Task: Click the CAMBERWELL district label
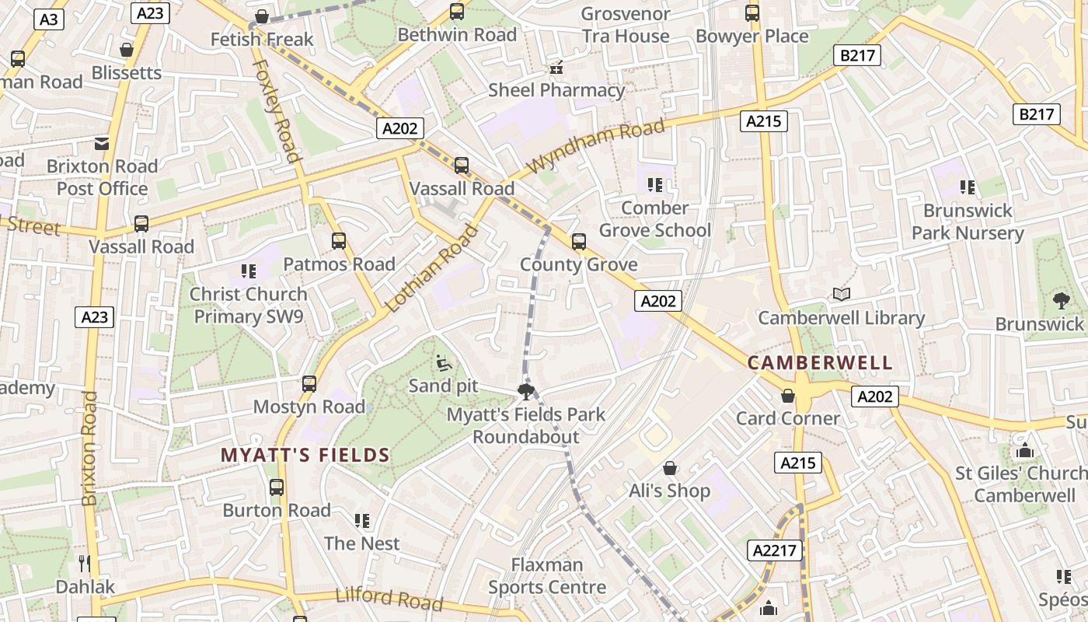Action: pyautogui.click(x=820, y=363)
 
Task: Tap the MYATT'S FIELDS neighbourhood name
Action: pyautogui.click(x=305, y=456)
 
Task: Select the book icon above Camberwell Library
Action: pyautogui.click(x=841, y=294)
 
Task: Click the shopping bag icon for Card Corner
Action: pyautogui.click(x=788, y=396)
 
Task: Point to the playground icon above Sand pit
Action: pyautogui.click(x=443, y=362)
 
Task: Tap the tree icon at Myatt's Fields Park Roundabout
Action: pyautogui.click(x=526, y=391)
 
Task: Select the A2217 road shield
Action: pyautogui.click(x=775, y=550)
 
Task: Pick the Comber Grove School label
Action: pyautogui.click(x=654, y=219)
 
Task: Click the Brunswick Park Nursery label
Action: pyautogui.click(x=967, y=222)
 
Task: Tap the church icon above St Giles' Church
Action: pyautogui.click(x=1024, y=450)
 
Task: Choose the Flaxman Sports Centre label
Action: pyautogui.click(x=546, y=576)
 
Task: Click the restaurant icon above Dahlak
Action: pyautogui.click(x=85, y=563)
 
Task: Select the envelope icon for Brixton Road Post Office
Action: pyautogui.click(x=102, y=143)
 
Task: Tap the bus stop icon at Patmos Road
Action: pyautogui.click(x=339, y=241)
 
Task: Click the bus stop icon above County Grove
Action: pyautogui.click(x=578, y=242)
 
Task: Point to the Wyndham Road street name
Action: pyautogui.click(x=596, y=145)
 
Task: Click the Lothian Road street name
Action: pyautogui.click(x=432, y=267)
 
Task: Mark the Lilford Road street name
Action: pyautogui.click(x=389, y=598)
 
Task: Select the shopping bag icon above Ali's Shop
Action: pyautogui.click(x=669, y=468)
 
